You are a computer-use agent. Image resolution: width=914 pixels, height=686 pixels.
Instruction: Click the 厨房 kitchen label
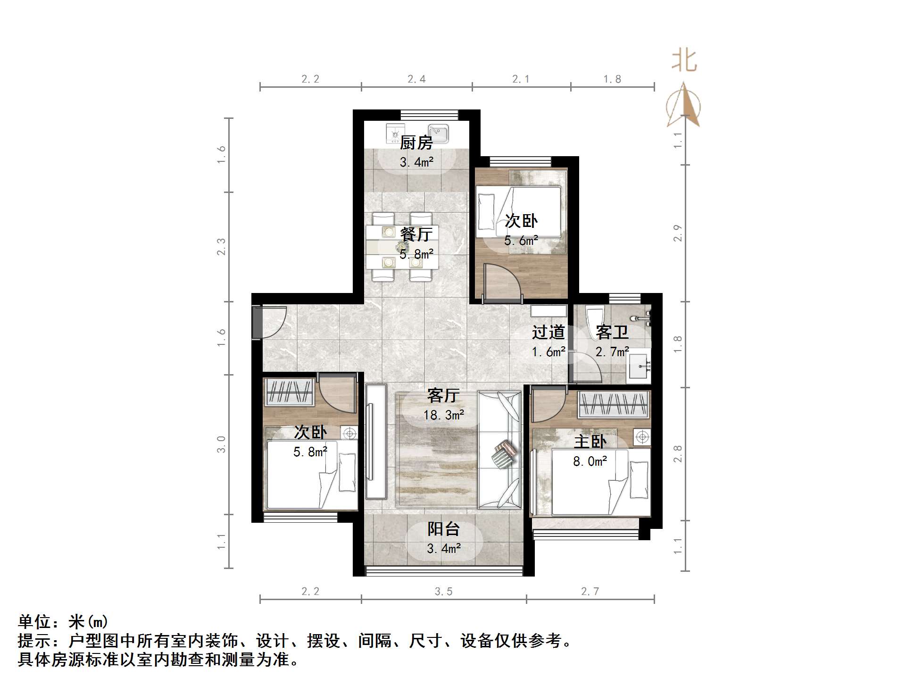point(416,142)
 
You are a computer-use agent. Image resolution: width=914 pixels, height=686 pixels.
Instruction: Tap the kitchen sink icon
point(438,133)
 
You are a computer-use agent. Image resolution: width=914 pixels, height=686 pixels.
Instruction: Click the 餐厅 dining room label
point(416,234)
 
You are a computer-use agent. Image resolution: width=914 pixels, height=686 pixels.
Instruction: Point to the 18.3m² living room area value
point(443,415)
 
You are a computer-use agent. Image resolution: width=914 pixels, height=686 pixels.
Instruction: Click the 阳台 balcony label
point(443,529)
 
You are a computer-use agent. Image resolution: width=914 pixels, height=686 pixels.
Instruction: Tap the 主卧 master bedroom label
point(590,442)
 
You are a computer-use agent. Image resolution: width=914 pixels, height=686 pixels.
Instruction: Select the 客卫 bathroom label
point(612,332)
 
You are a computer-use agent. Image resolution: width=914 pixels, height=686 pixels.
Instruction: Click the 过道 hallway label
point(548,332)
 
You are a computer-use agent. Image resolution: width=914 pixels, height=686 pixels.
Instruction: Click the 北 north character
point(684,62)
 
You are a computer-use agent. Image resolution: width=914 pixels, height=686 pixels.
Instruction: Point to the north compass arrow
point(683,106)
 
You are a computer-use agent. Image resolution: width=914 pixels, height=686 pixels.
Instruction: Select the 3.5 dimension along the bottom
point(443,592)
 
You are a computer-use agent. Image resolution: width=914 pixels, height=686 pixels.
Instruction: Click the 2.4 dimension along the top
point(416,79)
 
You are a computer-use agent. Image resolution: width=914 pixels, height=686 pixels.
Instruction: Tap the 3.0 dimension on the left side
point(221,444)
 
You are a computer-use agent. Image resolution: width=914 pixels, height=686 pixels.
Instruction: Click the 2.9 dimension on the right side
point(678,233)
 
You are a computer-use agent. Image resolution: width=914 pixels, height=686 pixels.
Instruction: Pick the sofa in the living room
point(500,450)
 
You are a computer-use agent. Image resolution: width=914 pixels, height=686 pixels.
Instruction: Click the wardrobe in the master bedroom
point(614,404)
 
